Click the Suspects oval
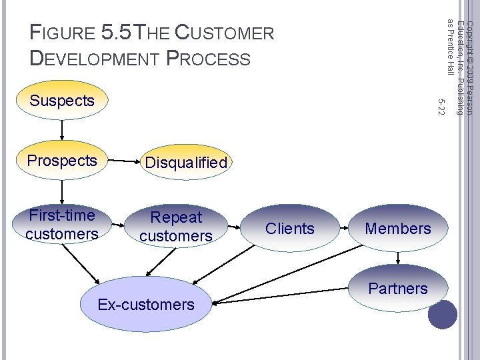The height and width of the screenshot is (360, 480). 62,101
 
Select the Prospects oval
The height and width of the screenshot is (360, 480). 62,161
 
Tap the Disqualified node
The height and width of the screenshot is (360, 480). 186,163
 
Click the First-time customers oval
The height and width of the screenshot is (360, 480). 62,225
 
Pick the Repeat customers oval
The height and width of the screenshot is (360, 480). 176,227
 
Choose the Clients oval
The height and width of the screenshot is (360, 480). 289,229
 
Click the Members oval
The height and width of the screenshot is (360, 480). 398,229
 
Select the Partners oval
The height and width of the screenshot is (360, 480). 398,289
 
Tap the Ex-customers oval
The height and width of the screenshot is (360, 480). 146,305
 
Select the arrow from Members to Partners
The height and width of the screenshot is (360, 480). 398,258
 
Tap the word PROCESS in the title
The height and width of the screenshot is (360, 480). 209,59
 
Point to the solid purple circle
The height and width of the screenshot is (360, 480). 442,315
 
